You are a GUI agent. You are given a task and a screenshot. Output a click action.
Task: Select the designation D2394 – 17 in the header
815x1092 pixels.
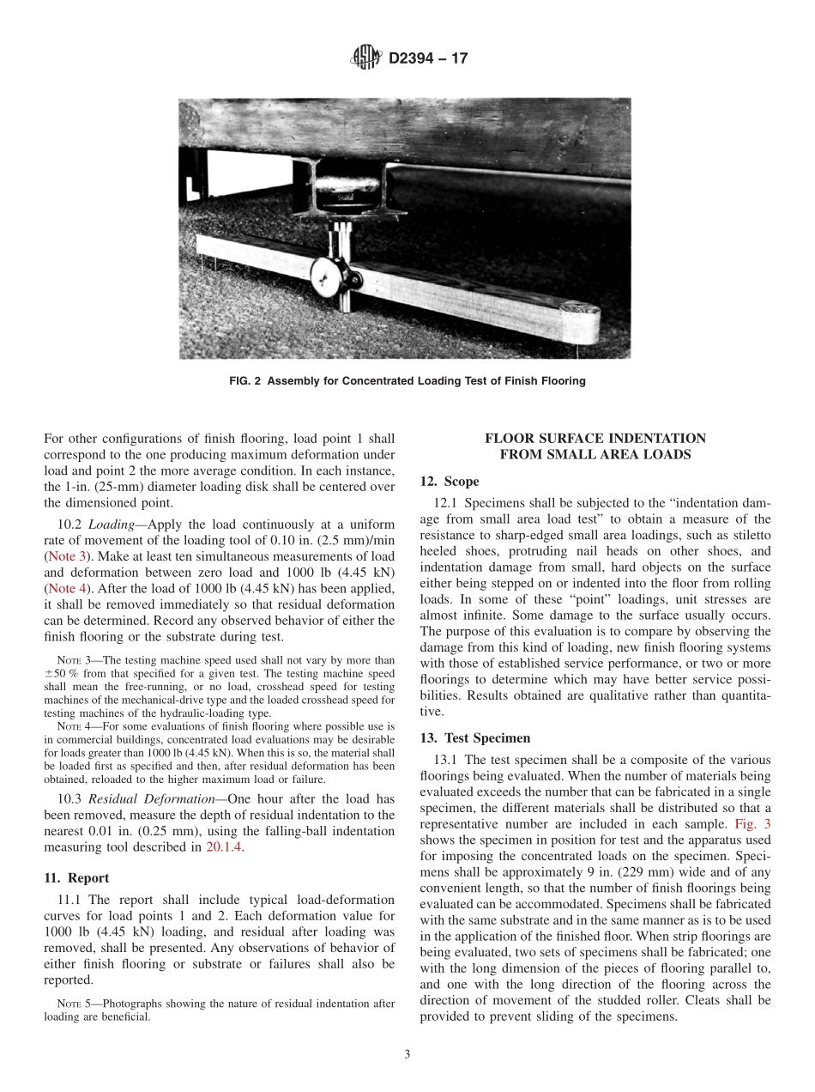[x=428, y=59]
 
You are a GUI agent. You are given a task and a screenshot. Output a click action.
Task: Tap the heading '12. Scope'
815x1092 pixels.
[x=450, y=482]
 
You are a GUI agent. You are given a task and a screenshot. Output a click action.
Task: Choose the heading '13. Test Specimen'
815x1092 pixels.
[x=475, y=737]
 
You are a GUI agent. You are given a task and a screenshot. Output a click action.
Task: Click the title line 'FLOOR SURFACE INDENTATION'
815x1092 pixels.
[x=595, y=438]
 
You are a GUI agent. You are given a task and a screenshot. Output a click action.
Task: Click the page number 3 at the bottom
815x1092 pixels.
[x=407, y=1054]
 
